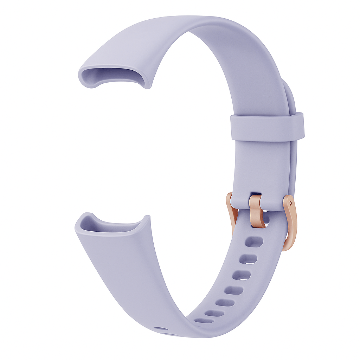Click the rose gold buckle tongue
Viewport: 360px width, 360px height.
[257, 211]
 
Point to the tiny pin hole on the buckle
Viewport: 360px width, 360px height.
[290, 203]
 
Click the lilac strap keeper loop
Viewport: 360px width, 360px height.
[267, 127]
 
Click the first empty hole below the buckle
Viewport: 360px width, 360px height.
[254, 242]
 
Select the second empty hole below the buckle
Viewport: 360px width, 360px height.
[248, 259]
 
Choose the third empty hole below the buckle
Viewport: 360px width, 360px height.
[242, 275]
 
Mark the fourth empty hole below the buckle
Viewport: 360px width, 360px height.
[234, 290]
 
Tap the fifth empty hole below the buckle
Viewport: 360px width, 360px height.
[225, 303]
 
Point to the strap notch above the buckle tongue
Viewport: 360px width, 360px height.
[256, 193]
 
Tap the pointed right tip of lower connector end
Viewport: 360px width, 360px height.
[148, 217]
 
